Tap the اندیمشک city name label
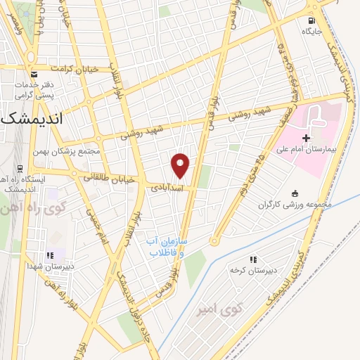(x=32, y=119)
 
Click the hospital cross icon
(x=305, y=136)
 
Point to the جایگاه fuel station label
(x=311, y=31)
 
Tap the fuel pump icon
(x=311, y=19)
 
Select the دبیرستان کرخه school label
(x=254, y=270)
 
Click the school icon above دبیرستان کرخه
(x=253, y=259)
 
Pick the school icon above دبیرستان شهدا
(x=49, y=255)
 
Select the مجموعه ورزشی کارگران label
(x=293, y=205)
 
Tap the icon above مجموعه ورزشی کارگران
(x=294, y=193)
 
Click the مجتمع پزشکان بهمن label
(x=67, y=151)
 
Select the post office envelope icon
(x=33, y=73)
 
